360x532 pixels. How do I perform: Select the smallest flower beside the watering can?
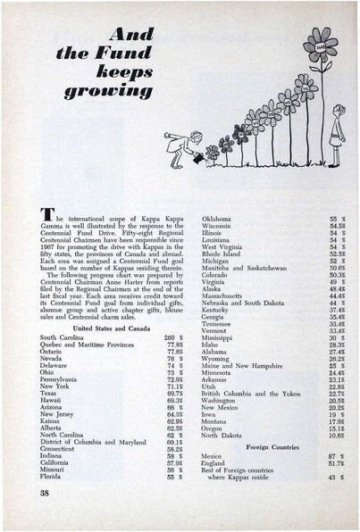212,154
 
